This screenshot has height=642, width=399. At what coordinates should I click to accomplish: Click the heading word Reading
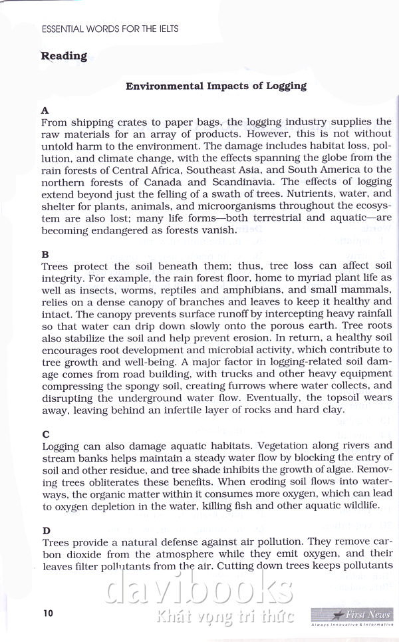tap(64, 56)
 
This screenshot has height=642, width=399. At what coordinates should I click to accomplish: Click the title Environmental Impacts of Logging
tap(216, 86)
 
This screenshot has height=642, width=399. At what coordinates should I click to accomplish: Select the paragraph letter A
tap(45, 110)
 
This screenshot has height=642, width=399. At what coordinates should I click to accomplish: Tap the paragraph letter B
tap(45, 254)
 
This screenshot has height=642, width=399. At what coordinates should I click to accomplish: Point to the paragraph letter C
tap(45, 434)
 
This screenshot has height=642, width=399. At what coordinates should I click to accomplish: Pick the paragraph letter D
tap(46, 530)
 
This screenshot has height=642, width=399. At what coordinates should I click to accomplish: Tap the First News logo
tap(352, 616)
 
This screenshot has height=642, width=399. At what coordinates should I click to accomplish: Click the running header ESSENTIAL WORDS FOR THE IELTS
tap(110, 29)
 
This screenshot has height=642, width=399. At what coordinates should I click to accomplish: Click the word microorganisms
tap(210, 206)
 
